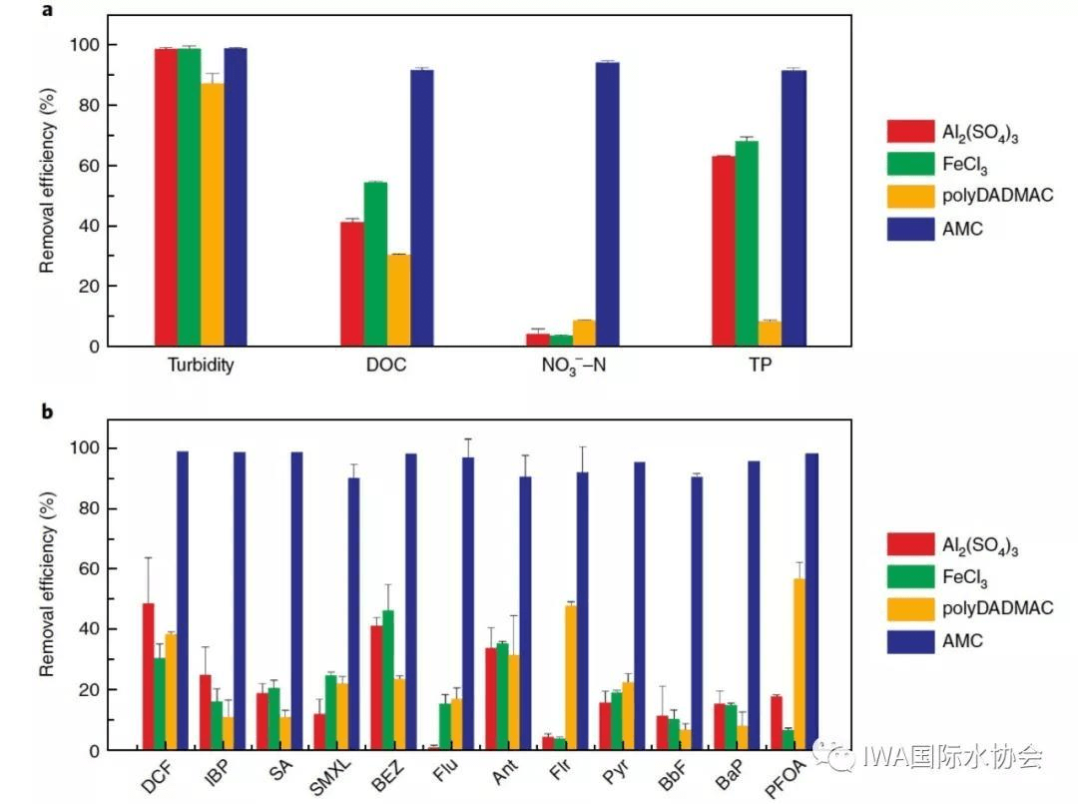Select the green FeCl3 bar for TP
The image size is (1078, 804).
pyautogui.click(x=747, y=244)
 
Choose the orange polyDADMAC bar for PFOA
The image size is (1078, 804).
pyautogui.click(x=799, y=664)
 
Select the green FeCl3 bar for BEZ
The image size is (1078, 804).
pyautogui.click(x=387, y=679)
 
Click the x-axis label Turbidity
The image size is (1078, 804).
pyautogui.click(x=201, y=366)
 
